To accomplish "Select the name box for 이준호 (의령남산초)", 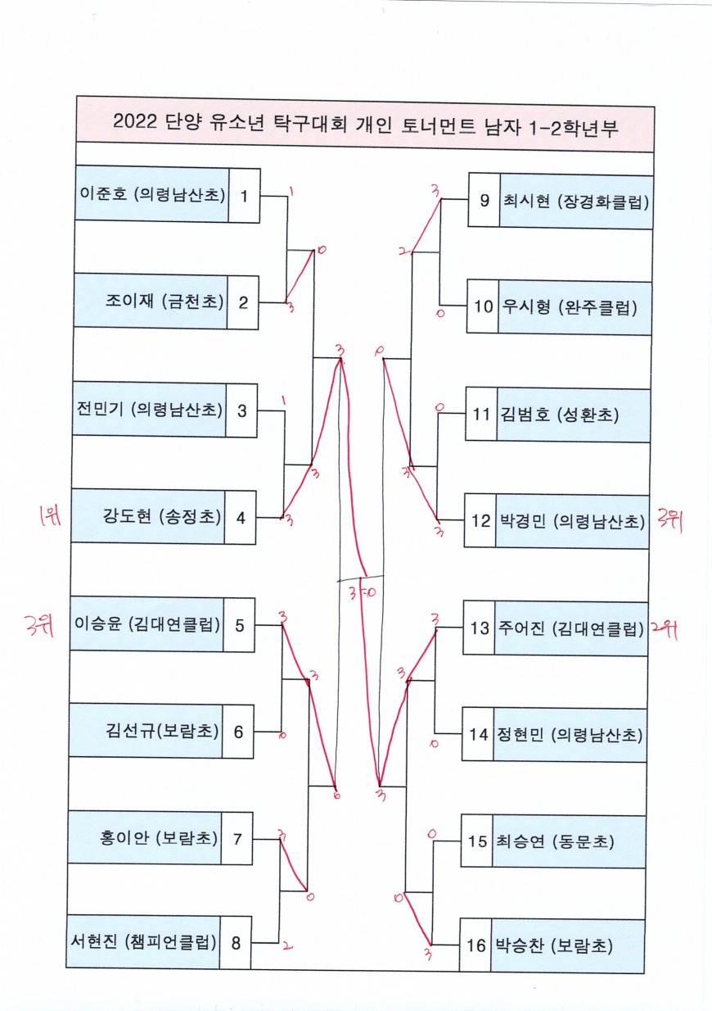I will click(152, 195).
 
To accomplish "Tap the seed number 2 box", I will click(243, 301).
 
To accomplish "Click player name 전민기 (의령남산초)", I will click(149, 410).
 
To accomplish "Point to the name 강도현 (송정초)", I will click(162, 516).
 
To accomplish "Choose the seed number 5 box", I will click(239, 625).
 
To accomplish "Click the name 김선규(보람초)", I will click(162, 731).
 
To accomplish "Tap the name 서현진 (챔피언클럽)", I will click(144, 942).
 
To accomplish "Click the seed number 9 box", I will click(484, 200).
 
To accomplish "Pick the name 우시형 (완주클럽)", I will click(575, 306).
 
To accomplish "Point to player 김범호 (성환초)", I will click(558, 415).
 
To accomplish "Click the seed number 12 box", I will click(480, 520).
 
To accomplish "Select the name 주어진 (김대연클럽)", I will click(569, 628).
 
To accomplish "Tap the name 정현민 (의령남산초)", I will click(568, 734).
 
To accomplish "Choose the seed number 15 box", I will click(477, 841).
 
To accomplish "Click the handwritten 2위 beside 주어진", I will click(665, 628).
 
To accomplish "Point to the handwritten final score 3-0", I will click(361, 595).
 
